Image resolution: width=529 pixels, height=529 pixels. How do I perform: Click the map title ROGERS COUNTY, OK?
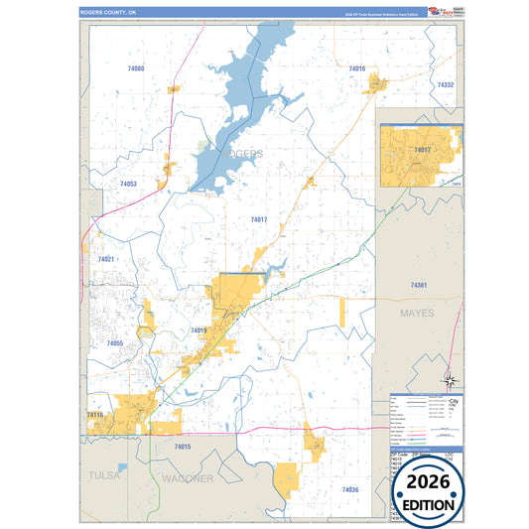click(111, 14)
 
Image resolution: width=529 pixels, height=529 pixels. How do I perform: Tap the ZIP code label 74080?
click(136, 68)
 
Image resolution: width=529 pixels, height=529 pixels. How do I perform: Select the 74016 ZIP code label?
click(356, 68)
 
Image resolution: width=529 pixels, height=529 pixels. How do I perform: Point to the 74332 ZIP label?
click(445, 85)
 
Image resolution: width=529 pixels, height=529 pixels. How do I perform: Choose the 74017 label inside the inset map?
click(423, 150)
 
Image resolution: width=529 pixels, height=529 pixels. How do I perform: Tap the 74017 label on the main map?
click(259, 219)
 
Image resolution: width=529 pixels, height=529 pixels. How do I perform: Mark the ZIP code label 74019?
click(198, 331)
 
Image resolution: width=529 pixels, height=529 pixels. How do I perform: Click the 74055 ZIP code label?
click(114, 343)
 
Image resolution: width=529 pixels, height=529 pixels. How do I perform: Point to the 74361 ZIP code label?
click(419, 285)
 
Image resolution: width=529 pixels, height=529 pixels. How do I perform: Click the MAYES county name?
click(418, 312)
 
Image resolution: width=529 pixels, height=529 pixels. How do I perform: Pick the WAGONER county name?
click(188, 478)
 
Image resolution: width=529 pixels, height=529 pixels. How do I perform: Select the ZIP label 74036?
click(349, 489)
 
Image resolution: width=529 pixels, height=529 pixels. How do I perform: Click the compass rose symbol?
click(450, 379)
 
